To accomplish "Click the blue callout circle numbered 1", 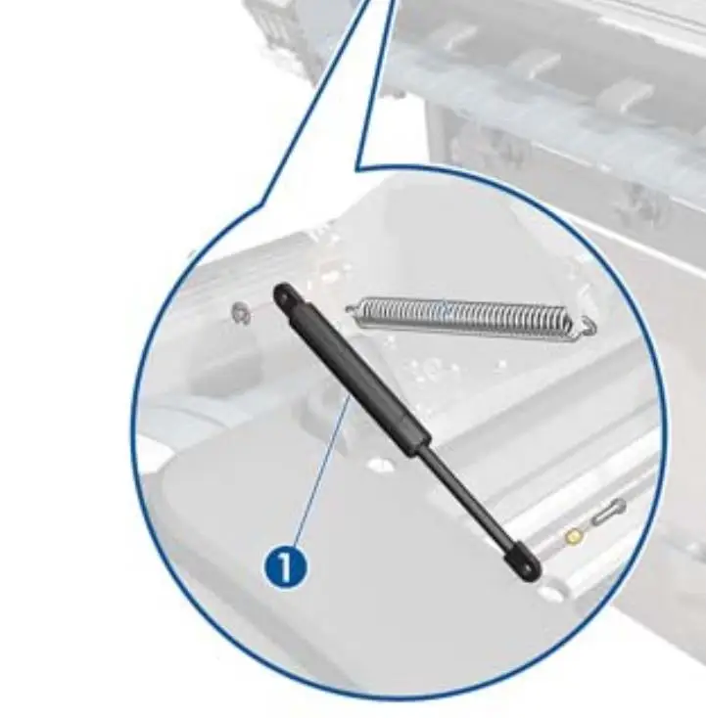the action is pyautogui.click(x=286, y=567).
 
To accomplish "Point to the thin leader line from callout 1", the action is pyautogui.click(x=321, y=470).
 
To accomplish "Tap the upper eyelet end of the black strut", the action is pyautogui.click(x=284, y=296).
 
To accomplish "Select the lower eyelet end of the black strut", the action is pyautogui.click(x=525, y=564).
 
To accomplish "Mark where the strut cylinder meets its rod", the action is pyautogui.click(x=420, y=446).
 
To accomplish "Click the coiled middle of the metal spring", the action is pyautogui.click(x=464, y=318).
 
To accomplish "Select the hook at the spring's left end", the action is pyautogui.click(x=353, y=309).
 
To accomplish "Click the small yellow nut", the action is pyautogui.click(x=573, y=536).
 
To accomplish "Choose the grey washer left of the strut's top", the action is pyautogui.click(x=241, y=314).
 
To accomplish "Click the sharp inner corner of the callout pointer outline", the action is pyautogui.click(x=358, y=170).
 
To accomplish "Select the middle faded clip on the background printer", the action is pyautogui.click(x=541, y=64).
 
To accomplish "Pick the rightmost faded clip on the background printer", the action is pyautogui.click(x=627, y=95).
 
